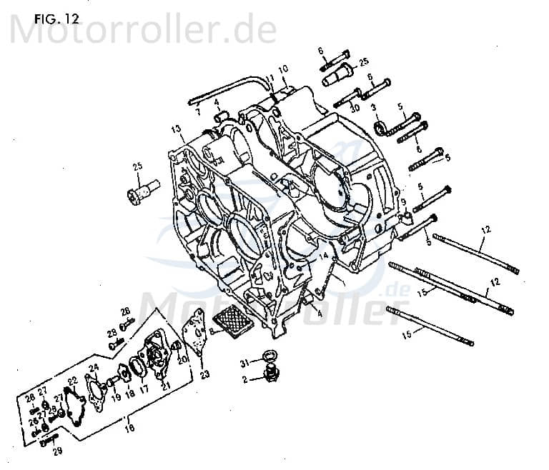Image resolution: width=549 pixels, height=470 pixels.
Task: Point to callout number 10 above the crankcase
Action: click(x=283, y=69)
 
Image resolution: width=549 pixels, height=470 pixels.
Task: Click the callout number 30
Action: click(x=355, y=107)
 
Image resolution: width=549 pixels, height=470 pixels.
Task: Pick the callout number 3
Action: click(x=373, y=107)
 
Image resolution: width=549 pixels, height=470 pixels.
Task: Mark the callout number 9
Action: click(x=403, y=202)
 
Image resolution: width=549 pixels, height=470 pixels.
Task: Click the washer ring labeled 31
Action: click(x=269, y=356)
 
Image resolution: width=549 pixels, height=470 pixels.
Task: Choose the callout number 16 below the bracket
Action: click(x=129, y=429)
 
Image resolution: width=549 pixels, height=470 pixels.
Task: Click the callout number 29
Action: click(x=58, y=451)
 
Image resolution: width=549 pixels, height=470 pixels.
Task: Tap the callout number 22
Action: click(x=72, y=380)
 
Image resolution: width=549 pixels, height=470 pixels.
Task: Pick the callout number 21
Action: click(x=167, y=386)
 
